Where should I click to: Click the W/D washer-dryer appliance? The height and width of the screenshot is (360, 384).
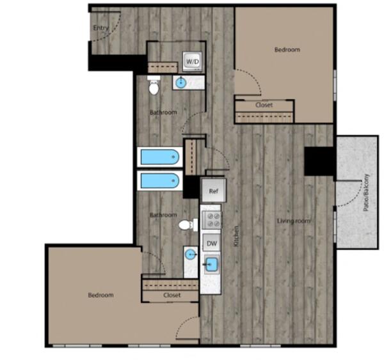pos(193,61)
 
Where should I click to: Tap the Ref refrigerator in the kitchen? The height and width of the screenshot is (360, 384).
pos(213,191)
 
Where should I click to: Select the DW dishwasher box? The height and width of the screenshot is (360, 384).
pos(212,243)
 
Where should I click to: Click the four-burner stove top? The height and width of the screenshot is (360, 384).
pos(212,220)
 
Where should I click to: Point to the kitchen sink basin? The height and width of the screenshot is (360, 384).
pos(212,265)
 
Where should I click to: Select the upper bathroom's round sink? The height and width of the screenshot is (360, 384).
pos(181,82)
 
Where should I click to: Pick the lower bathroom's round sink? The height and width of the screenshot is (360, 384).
pos(191,255)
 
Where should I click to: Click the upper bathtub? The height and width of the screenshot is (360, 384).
pos(160,157)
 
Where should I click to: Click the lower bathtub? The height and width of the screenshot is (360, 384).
pos(160,180)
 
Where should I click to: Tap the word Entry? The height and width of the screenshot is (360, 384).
pos(100,28)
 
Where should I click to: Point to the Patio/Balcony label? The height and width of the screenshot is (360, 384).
pos(366,192)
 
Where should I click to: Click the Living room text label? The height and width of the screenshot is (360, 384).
pos(294,221)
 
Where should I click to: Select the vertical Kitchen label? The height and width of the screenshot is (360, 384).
pos(236,236)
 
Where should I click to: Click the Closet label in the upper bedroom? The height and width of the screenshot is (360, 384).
pos(264,105)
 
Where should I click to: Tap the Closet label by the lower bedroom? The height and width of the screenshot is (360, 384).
pos(172,295)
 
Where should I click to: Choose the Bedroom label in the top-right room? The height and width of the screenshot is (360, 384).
pos(287,50)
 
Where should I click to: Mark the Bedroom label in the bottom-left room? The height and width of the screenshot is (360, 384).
pos(100,295)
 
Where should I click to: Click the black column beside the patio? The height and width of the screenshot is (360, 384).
pos(319,161)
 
